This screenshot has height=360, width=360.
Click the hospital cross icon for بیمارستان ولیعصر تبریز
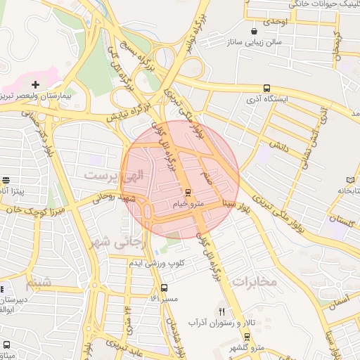click(34, 84)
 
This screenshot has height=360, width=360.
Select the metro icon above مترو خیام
click(188, 192)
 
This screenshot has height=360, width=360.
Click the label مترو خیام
click(187, 204)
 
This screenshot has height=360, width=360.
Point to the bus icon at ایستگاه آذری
click(266, 88)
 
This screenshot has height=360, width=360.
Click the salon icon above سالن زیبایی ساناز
click(253, 32)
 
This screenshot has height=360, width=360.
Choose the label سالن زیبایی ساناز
click(253, 43)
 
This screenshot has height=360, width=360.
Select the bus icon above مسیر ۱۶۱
click(164, 288)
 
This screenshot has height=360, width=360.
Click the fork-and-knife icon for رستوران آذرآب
click(222, 311)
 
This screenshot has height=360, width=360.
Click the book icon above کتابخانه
click(351, 181)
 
